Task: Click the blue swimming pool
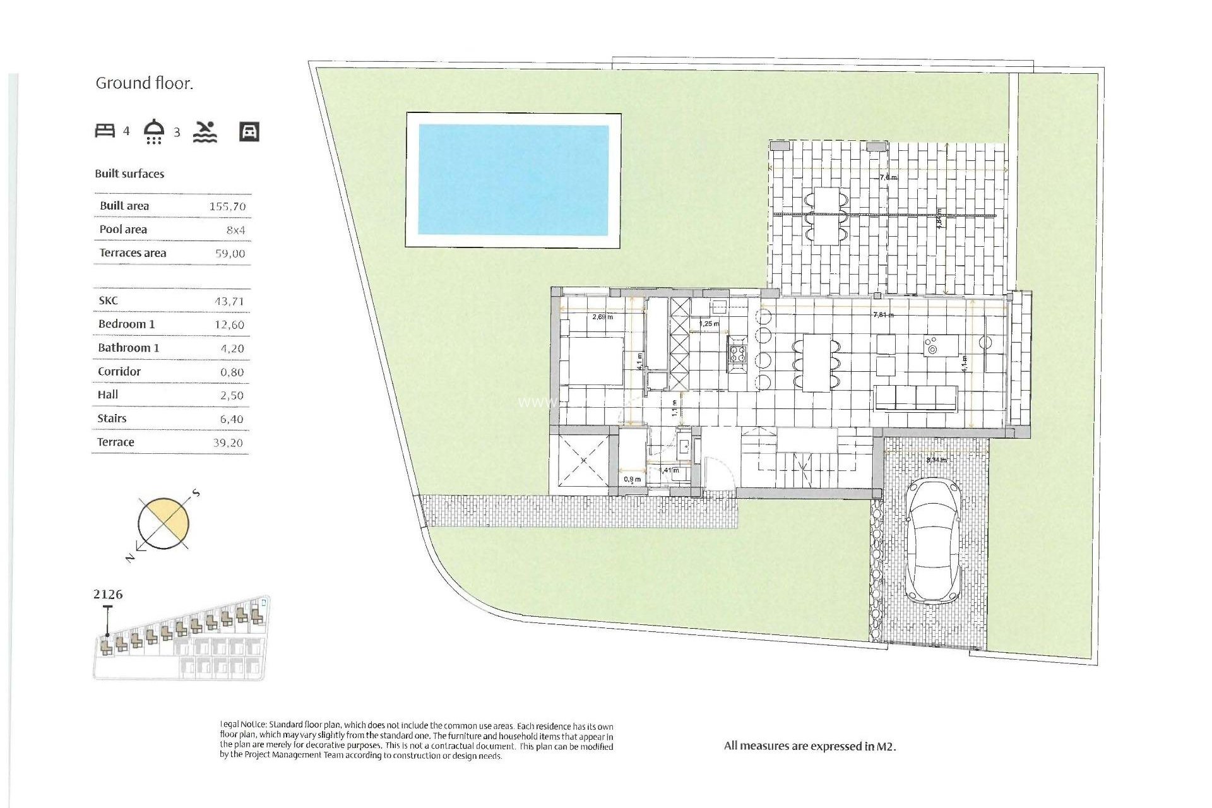(513, 180)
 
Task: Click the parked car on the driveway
(933, 540)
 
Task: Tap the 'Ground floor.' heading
(144, 83)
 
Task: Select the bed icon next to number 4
(105, 131)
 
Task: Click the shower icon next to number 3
(154, 131)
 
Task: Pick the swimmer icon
(205, 131)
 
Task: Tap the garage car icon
(249, 131)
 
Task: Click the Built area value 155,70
(227, 206)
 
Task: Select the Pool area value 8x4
(235, 230)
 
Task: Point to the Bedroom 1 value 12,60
(229, 325)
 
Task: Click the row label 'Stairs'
(112, 419)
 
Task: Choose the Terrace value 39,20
(228, 443)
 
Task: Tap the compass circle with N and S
(163, 523)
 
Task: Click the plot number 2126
(108, 595)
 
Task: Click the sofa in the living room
(915, 398)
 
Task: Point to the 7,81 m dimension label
(882, 314)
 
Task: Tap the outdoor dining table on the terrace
(826, 216)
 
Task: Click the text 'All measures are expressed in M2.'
(810, 746)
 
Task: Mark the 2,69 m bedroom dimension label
(602, 317)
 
